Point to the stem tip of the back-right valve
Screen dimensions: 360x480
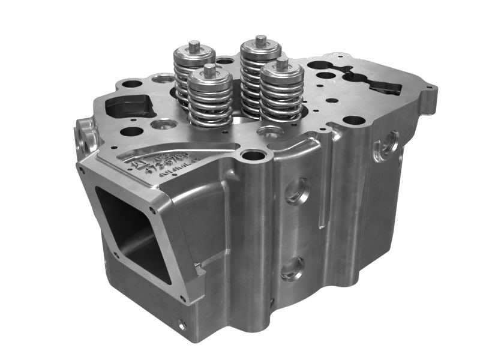tap(260, 39)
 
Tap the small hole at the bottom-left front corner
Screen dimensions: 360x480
tap(182, 326)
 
